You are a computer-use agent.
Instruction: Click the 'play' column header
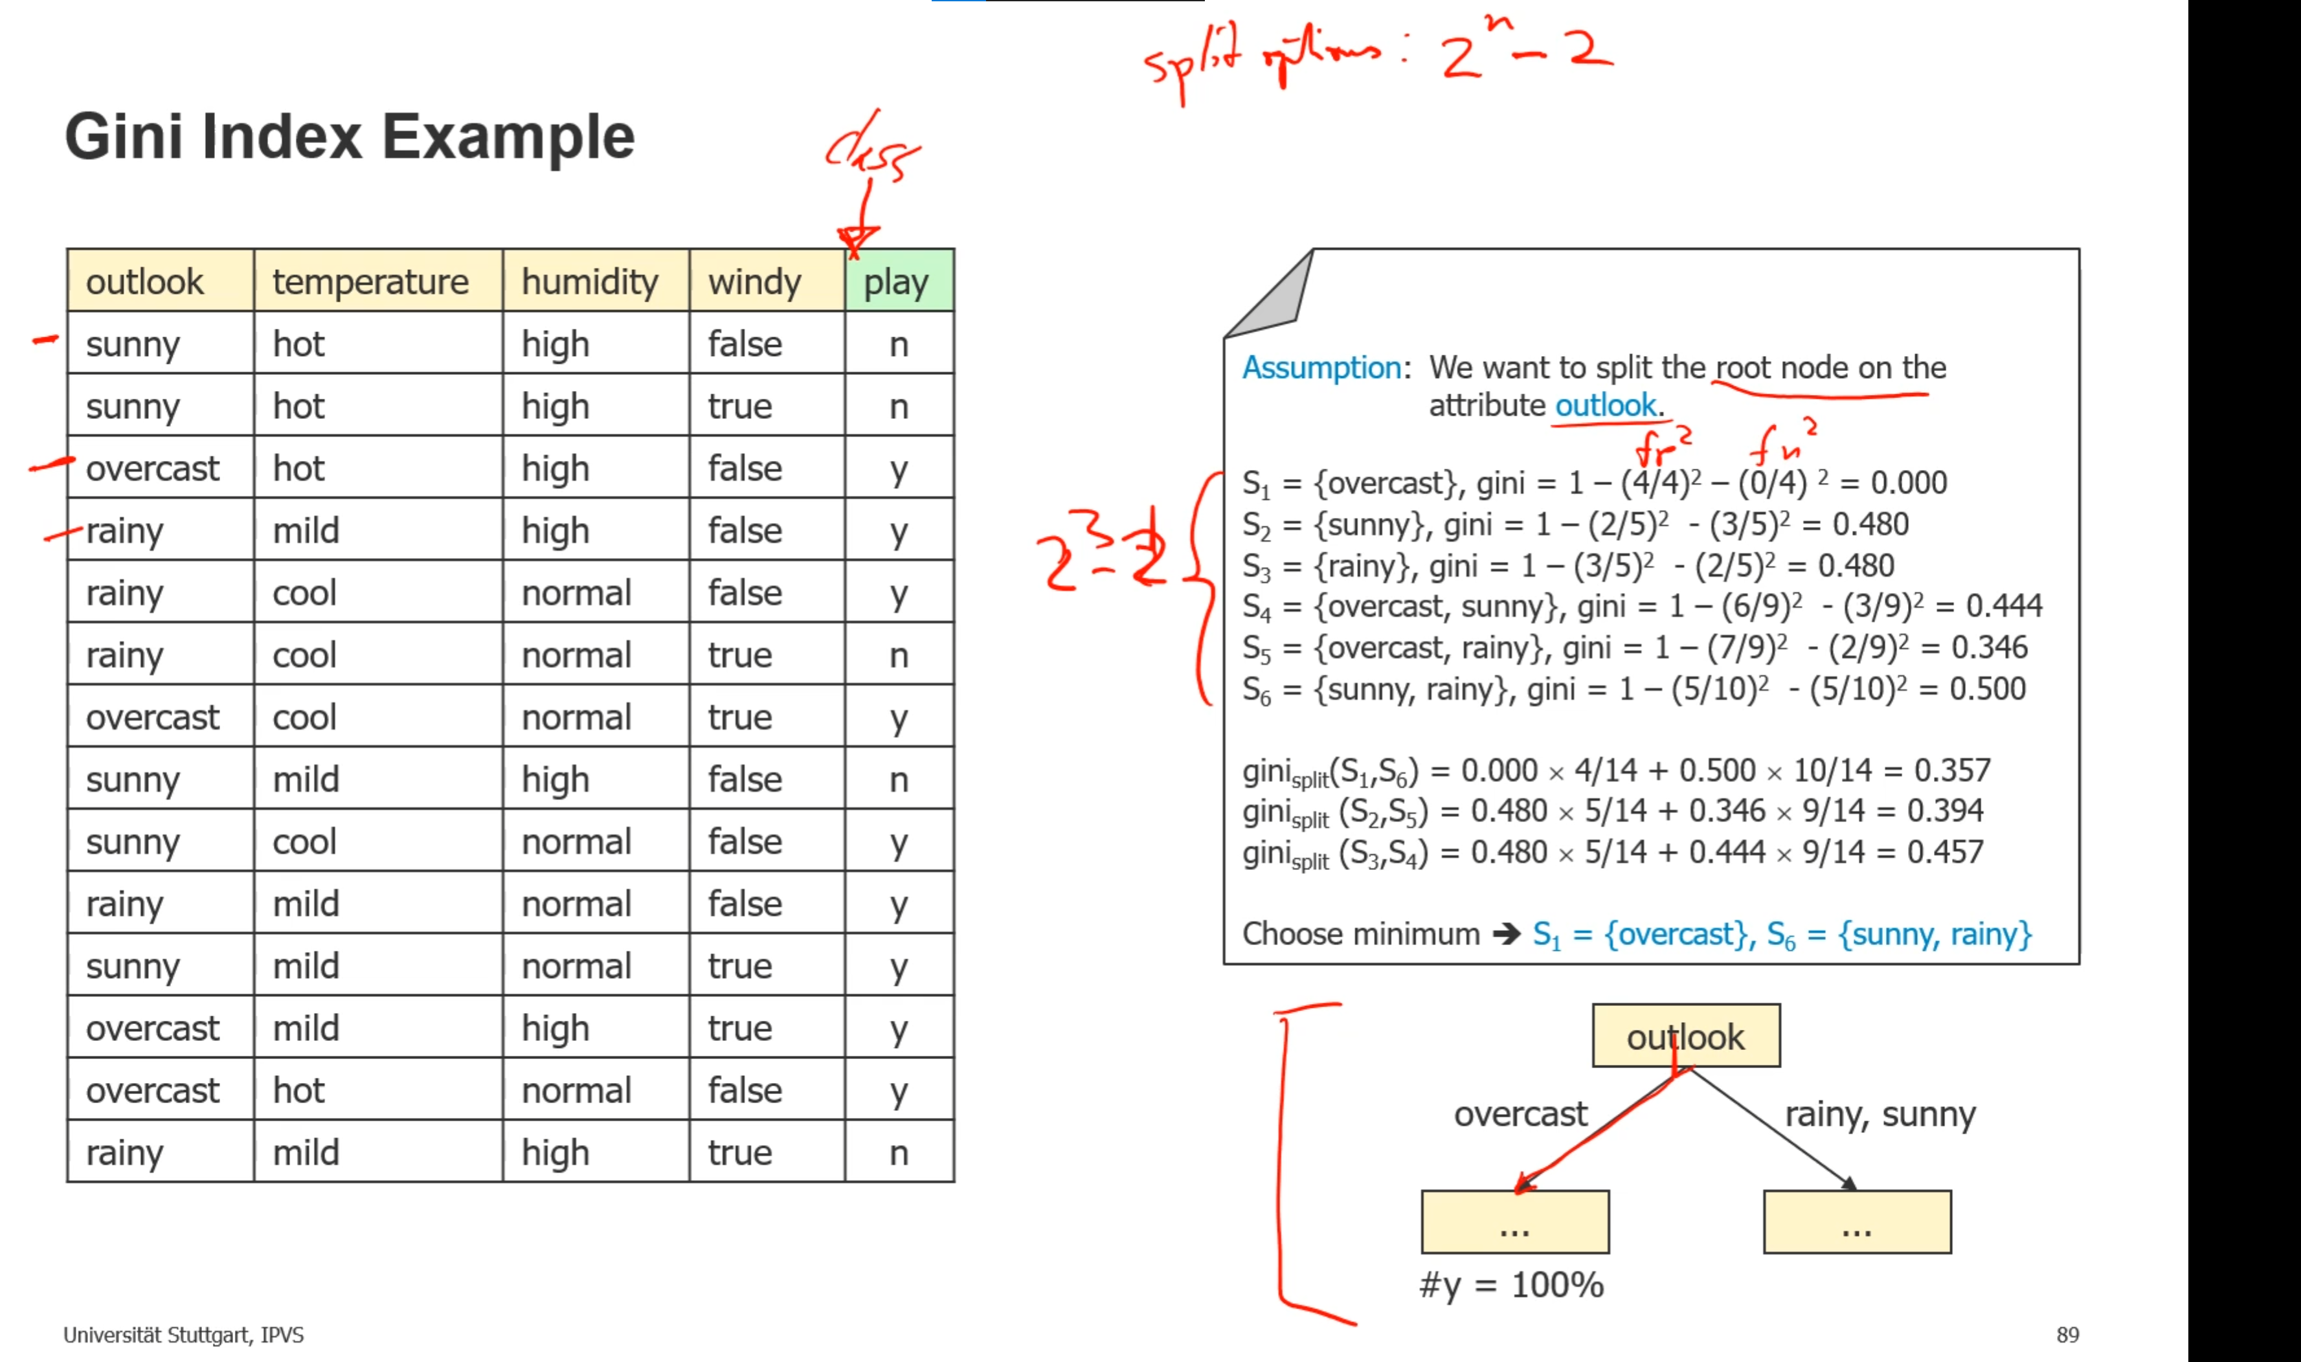pyautogui.click(x=897, y=282)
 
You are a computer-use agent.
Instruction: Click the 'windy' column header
pyautogui.click(x=754, y=282)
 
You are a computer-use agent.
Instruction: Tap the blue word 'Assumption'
pyautogui.click(x=1321, y=368)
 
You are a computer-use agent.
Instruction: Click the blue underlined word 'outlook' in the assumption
pyautogui.click(x=1605, y=405)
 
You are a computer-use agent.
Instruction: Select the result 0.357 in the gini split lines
pyautogui.click(x=1952, y=770)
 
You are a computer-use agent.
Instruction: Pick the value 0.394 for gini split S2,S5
pyautogui.click(x=1945, y=810)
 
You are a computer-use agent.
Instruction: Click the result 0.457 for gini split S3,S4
pyautogui.click(x=1945, y=852)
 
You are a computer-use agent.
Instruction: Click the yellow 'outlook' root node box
pyautogui.click(x=1685, y=1036)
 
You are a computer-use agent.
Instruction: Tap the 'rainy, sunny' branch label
pyautogui.click(x=1880, y=1114)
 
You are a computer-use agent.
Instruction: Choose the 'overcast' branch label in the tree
pyautogui.click(x=1520, y=1114)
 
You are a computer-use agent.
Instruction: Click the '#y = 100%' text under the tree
pyautogui.click(x=1510, y=1285)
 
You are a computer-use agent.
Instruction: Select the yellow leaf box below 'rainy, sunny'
pyautogui.click(x=1857, y=1222)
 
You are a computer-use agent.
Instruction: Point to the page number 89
pyautogui.click(x=2067, y=1334)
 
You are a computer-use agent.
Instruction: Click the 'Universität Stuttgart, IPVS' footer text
pyautogui.click(x=184, y=1334)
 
